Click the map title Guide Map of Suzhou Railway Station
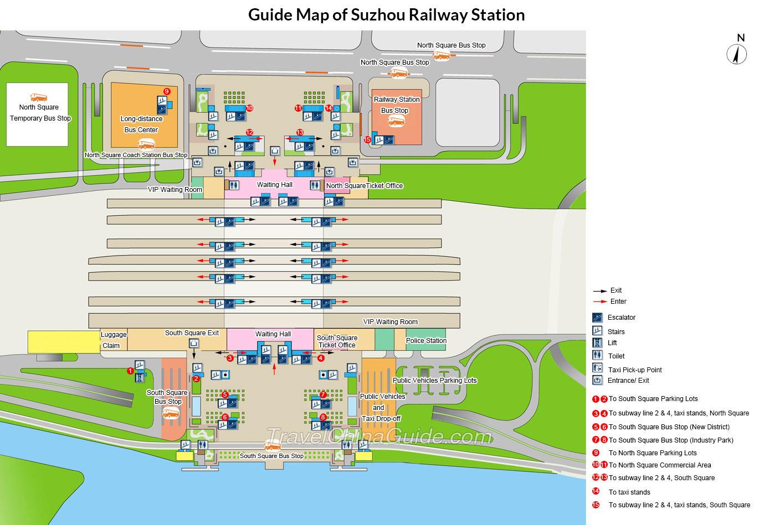[x=386, y=14]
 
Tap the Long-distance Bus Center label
[x=141, y=124]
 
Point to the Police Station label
[x=426, y=340]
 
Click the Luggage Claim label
[x=113, y=340]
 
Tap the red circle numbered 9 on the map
[x=166, y=91]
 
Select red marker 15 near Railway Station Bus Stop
[x=367, y=140]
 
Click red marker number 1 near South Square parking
[x=130, y=371]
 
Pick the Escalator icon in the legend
[x=597, y=318]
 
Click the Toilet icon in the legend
[x=597, y=356]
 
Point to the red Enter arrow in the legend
[x=600, y=302]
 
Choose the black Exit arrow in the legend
[x=600, y=290]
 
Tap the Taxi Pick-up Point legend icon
[x=597, y=368]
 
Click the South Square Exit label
[x=192, y=333]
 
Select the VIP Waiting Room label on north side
[x=175, y=190]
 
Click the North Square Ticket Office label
[x=364, y=186]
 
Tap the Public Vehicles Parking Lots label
[x=434, y=381]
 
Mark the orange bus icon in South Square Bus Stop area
[x=171, y=413]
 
